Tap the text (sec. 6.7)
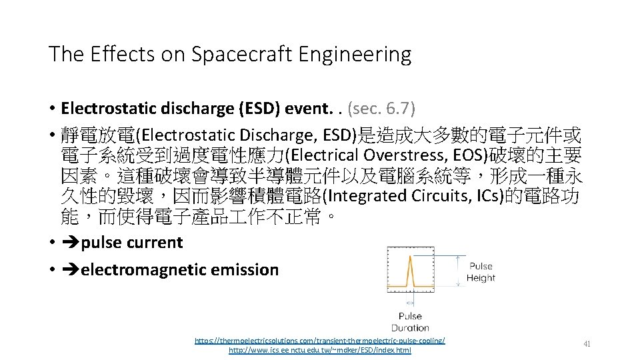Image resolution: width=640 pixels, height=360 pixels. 381,108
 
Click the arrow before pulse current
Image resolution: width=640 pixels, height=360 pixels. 70,243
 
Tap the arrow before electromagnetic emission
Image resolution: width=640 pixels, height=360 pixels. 70,270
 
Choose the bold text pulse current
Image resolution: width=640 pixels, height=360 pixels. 131,243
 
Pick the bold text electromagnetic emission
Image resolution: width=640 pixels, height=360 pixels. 179,270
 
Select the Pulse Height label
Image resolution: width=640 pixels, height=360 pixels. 481,272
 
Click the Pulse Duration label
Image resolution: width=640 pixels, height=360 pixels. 410,322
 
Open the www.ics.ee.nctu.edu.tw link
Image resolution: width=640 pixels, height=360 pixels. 319,350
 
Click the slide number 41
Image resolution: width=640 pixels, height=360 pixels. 587,344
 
